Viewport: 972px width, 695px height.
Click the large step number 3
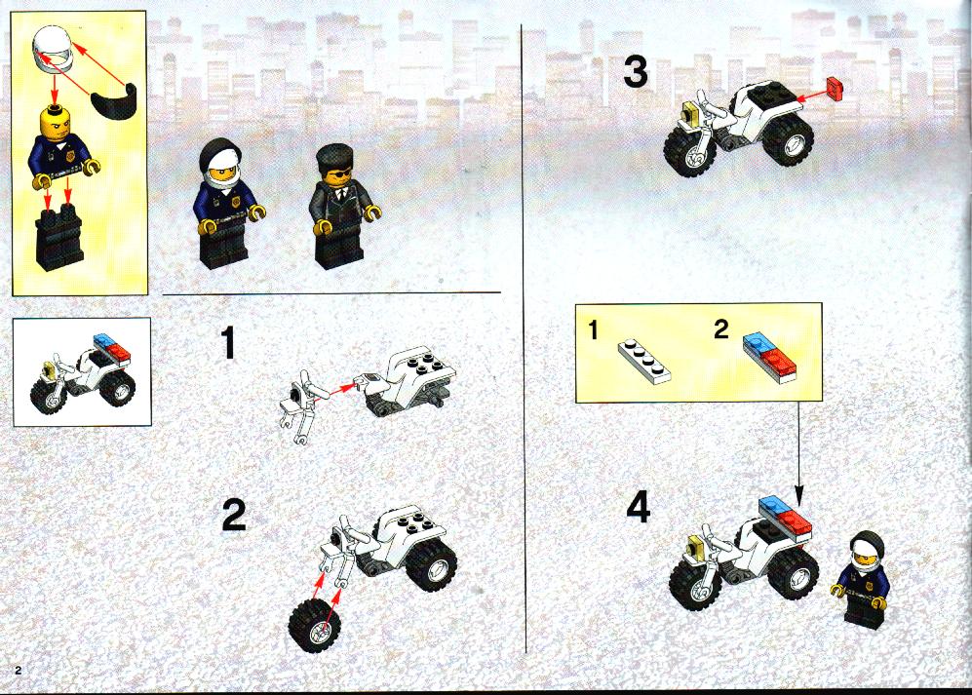(x=636, y=72)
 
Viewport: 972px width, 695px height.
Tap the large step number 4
(x=639, y=509)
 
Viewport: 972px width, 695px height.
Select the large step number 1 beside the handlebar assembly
(x=229, y=343)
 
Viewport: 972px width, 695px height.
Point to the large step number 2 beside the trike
(x=234, y=517)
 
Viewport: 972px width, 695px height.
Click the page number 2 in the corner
(x=19, y=670)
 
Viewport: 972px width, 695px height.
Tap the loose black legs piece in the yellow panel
(x=59, y=239)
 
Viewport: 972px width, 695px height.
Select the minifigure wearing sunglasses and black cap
(x=339, y=206)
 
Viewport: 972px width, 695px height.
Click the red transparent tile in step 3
(x=835, y=88)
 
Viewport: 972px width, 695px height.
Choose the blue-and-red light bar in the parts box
(x=770, y=358)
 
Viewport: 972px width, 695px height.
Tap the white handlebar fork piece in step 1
(x=303, y=406)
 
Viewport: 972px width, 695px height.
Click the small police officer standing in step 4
(x=862, y=580)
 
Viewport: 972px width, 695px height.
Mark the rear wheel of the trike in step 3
(x=788, y=139)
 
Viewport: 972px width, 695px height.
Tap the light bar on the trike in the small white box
(x=112, y=348)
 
